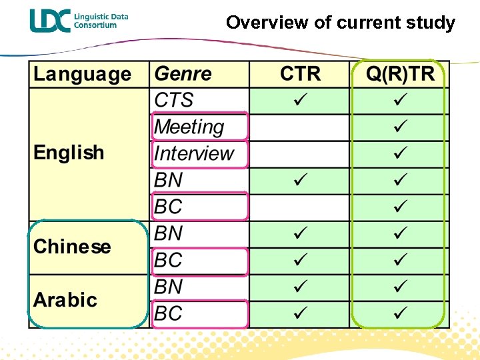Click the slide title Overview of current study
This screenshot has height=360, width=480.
(340, 23)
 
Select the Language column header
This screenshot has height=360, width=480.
(82, 74)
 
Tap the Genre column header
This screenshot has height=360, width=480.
(183, 74)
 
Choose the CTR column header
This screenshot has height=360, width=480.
(300, 74)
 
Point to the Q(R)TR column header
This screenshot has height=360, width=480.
(400, 74)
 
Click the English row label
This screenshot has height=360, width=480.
(69, 153)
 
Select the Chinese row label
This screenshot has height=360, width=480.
(72, 247)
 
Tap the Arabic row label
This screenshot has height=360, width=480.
(65, 300)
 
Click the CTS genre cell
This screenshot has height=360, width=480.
(174, 100)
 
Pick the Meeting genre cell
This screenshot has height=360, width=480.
(189, 127)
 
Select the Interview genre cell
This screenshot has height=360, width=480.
(194, 153)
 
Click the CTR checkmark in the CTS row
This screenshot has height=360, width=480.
(300, 100)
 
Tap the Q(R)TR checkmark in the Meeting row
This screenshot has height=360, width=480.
(400, 127)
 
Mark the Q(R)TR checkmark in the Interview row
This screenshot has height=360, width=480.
(400, 153)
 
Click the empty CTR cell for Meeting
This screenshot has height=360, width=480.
(300, 127)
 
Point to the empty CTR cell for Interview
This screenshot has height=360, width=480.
(300, 153)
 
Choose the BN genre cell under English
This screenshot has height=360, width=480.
(168, 180)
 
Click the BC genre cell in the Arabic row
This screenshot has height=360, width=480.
(168, 313)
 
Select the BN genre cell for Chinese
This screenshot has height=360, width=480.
(168, 233)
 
